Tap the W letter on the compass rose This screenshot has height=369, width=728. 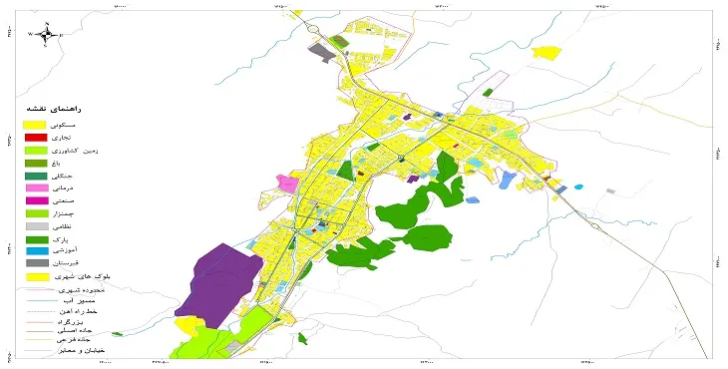tap(30, 34)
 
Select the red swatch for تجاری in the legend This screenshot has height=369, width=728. tap(35, 137)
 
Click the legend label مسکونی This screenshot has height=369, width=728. tap(76, 124)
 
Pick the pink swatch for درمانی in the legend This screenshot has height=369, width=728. tap(35, 187)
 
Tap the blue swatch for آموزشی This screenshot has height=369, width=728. tap(35, 251)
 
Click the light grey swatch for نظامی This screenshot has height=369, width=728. tap(35, 226)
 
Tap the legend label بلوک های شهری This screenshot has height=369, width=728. tap(70, 276)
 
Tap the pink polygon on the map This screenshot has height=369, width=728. tap(288, 184)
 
